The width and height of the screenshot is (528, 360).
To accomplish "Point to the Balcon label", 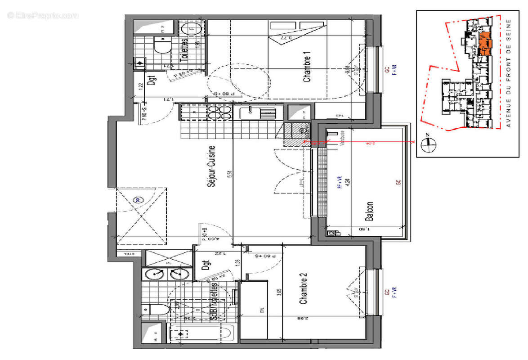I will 369,211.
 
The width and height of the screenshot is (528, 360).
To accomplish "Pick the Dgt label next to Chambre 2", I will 206,261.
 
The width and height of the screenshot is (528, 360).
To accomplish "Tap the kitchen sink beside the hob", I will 257,112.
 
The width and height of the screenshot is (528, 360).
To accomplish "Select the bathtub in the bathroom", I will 200,334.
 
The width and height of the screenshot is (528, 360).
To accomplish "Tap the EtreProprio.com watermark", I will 43,16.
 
